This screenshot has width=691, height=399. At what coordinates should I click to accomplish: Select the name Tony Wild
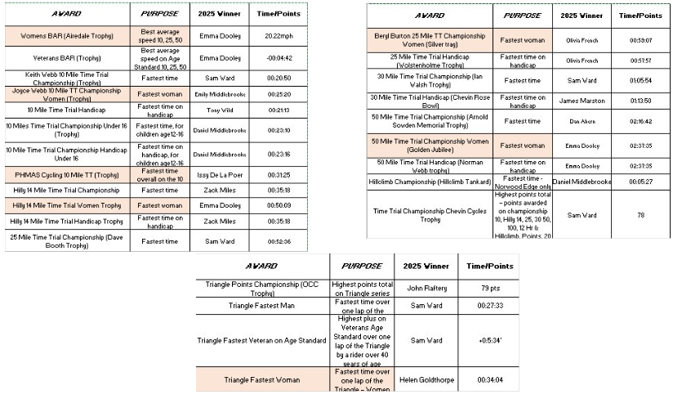(220, 110)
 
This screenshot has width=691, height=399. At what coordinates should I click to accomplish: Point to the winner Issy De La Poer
(220, 175)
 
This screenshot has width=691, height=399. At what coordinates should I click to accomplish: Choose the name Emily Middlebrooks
(220, 94)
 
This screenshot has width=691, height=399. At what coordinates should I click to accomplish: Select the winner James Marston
(582, 101)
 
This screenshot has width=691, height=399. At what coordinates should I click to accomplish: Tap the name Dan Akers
(582, 121)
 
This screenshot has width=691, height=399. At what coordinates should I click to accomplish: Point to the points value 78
(642, 215)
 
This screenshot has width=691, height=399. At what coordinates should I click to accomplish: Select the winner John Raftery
(426, 289)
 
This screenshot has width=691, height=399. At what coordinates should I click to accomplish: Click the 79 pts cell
(489, 289)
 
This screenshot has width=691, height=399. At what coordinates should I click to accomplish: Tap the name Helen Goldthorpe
(426, 379)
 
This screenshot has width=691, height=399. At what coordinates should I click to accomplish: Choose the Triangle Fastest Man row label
(261, 306)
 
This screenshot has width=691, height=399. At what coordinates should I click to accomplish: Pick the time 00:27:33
(489, 306)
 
